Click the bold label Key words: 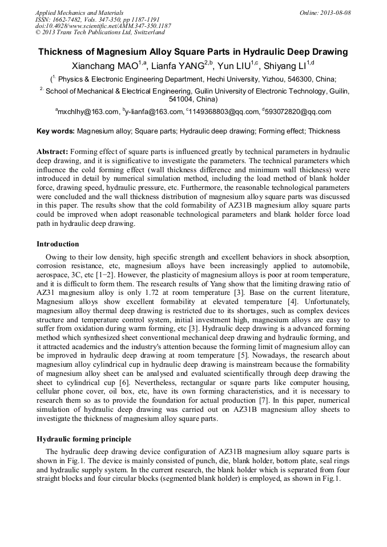(55, 131)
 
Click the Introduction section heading (58, 244)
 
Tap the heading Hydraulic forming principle (84, 439)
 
